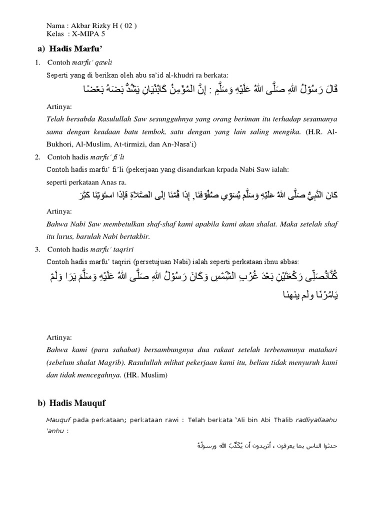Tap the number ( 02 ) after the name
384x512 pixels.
(127, 26)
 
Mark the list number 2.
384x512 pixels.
(37, 157)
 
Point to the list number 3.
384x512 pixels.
(37, 249)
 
